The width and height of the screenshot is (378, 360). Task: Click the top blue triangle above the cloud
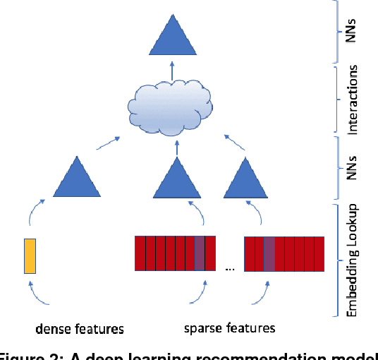point(171,39)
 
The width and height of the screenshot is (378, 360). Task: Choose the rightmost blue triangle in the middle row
point(245,180)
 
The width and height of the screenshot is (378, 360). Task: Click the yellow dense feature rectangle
point(30,255)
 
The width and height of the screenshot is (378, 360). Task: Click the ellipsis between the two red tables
point(230,268)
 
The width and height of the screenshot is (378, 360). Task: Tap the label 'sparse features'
point(229,328)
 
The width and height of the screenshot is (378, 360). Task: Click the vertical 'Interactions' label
point(354,100)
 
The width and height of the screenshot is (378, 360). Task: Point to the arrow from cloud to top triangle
point(171,70)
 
